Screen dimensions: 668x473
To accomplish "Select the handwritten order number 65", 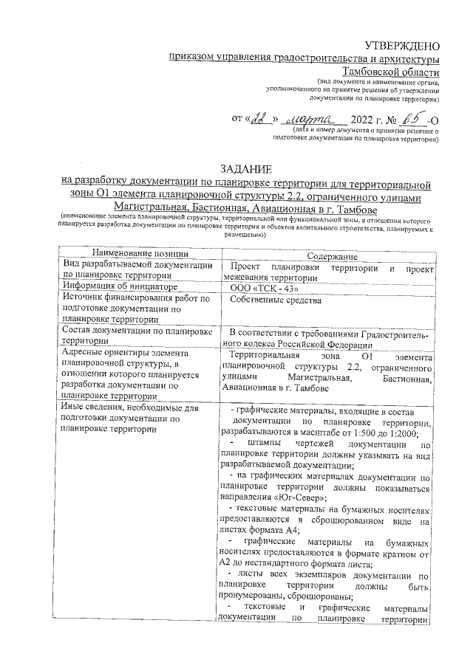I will [418, 118].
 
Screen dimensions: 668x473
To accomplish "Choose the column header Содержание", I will [327, 255].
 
